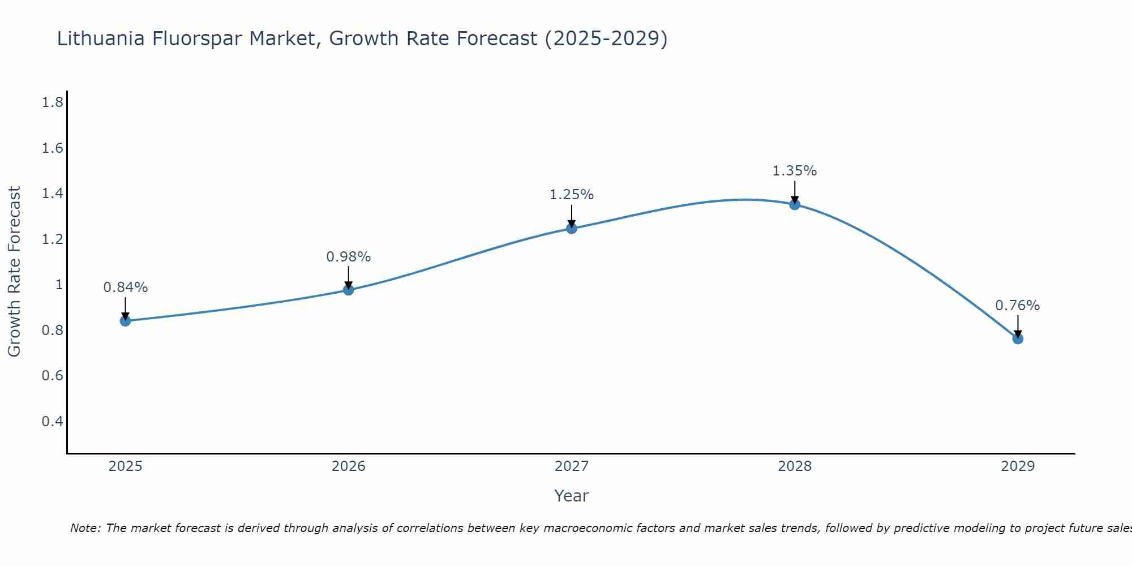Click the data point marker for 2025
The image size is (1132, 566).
[x=125, y=321]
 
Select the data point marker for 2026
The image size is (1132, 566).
[x=349, y=290]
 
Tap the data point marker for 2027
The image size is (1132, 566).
[x=572, y=229]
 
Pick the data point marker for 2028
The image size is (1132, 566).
[x=795, y=204]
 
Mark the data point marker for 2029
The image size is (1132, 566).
[x=1018, y=339]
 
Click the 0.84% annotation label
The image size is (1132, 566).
[x=125, y=288]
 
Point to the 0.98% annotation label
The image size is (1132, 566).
[x=349, y=257]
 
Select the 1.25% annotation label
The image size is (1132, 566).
[x=572, y=195]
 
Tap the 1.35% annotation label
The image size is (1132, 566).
[x=795, y=171]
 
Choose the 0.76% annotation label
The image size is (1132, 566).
[x=1018, y=306]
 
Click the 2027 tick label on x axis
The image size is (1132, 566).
[x=572, y=466]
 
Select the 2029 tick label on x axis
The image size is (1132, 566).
[x=1018, y=466]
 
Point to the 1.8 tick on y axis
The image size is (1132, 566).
[x=52, y=102]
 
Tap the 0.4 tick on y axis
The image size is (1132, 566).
[x=52, y=422]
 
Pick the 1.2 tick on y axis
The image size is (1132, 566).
[x=52, y=239]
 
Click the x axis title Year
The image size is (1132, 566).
[x=572, y=496]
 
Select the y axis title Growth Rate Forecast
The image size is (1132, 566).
[x=14, y=272]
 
